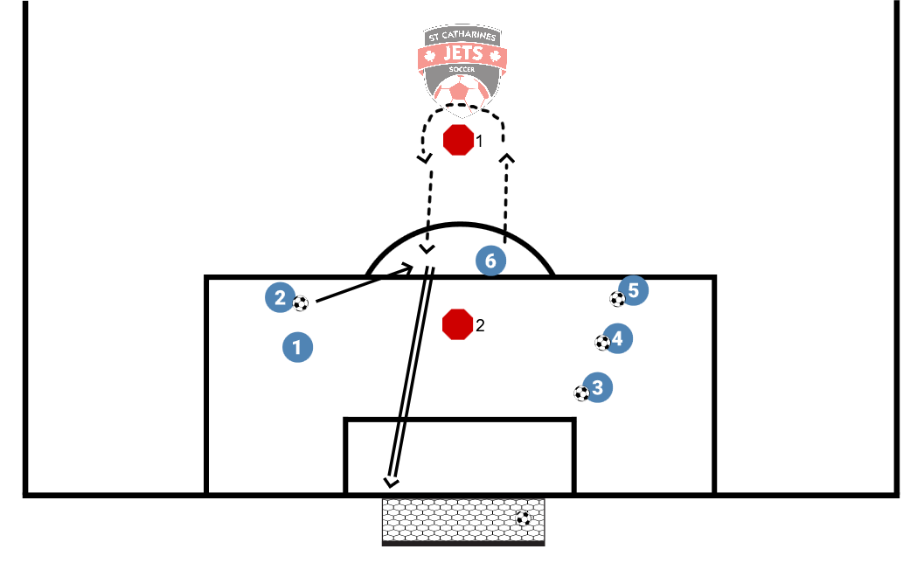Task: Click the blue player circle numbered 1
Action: [x=297, y=347]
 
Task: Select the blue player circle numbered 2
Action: [x=279, y=297]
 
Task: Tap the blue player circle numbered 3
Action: [x=598, y=386]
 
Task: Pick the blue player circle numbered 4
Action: [x=617, y=337]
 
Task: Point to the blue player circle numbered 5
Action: [x=633, y=290]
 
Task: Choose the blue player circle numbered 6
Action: [x=490, y=261]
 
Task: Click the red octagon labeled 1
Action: [x=458, y=140]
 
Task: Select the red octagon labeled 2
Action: [x=457, y=324]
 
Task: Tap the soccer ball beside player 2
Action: [x=301, y=303]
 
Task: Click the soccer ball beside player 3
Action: [x=581, y=393]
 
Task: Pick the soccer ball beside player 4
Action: [x=602, y=343]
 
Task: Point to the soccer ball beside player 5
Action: [x=617, y=299]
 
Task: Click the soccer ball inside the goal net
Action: [x=523, y=518]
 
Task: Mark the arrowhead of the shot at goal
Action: [x=391, y=481]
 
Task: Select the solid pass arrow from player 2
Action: [x=363, y=285]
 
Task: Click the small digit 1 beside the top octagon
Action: [x=479, y=140]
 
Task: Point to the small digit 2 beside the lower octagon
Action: [x=479, y=326]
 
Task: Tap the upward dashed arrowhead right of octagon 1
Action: [x=506, y=158]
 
